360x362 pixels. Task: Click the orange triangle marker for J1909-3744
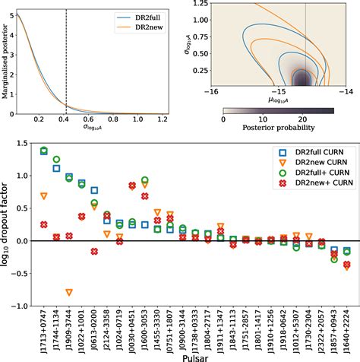click(69, 293)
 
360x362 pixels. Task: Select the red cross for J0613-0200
click(94, 251)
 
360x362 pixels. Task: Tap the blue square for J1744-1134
click(56, 168)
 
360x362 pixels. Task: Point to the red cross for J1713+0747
click(44, 224)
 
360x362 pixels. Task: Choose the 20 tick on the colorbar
click(305, 120)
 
